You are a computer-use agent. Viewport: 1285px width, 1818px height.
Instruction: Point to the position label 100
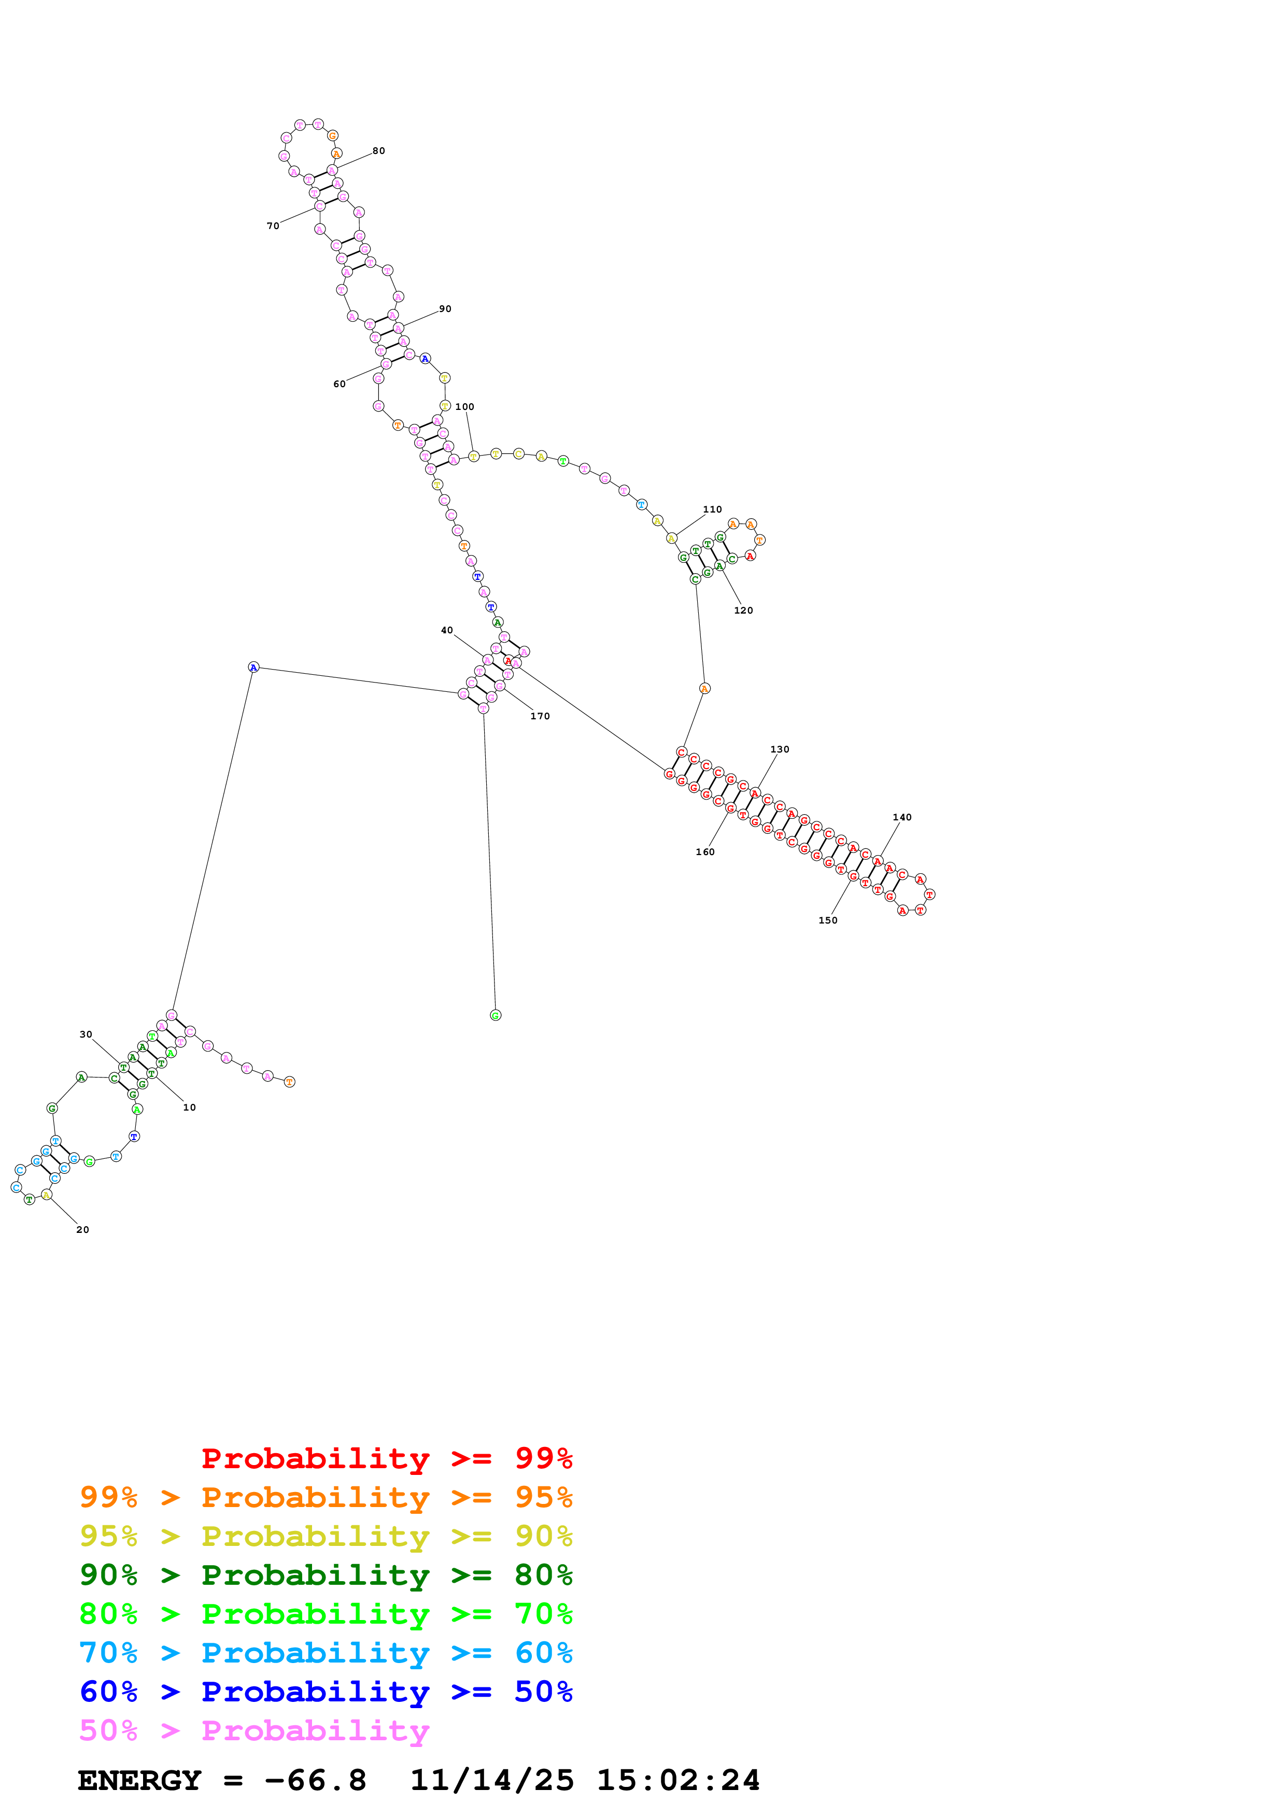point(465,407)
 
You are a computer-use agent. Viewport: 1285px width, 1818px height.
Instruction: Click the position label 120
point(743,610)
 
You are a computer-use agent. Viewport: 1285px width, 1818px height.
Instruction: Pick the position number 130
point(780,749)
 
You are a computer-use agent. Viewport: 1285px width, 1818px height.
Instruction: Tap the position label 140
point(902,817)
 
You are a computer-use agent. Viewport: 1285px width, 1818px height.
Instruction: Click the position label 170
point(540,716)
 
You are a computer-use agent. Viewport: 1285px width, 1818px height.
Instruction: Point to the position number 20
point(82,1230)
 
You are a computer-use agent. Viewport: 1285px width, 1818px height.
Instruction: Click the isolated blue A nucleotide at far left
point(253,667)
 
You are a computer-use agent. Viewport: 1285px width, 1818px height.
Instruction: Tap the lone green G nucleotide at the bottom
point(496,1015)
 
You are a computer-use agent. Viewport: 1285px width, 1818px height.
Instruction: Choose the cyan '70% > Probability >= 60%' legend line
point(326,1653)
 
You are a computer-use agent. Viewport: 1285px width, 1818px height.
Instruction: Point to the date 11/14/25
point(492,1780)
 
